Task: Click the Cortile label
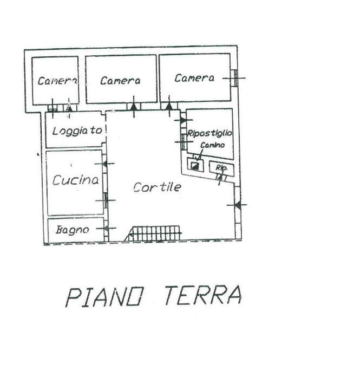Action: click(157, 187)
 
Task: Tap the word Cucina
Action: click(75, 180)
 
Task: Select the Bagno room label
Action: click(71, 230)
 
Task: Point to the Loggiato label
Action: click(77, 131)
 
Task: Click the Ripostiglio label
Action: click(210, 133)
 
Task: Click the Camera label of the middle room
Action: click(120, 81)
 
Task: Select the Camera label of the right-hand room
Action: click(194, 78)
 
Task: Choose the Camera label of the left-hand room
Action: click(57, 81)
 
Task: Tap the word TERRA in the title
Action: click(202, 295)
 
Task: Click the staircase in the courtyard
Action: click(155, 233)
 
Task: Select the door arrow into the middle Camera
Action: click(133, 106)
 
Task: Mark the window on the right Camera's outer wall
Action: click(236, 78)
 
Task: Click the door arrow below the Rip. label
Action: click(220, 177)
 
